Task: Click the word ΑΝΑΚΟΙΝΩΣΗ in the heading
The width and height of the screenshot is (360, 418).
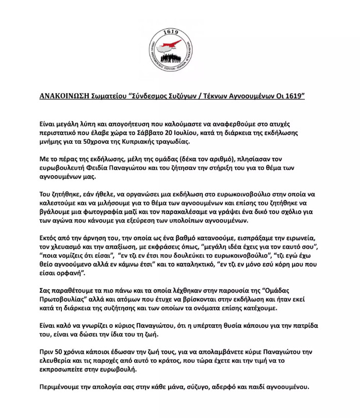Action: tap(67, 96)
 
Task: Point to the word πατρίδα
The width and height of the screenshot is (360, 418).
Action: tap(304, 327)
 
